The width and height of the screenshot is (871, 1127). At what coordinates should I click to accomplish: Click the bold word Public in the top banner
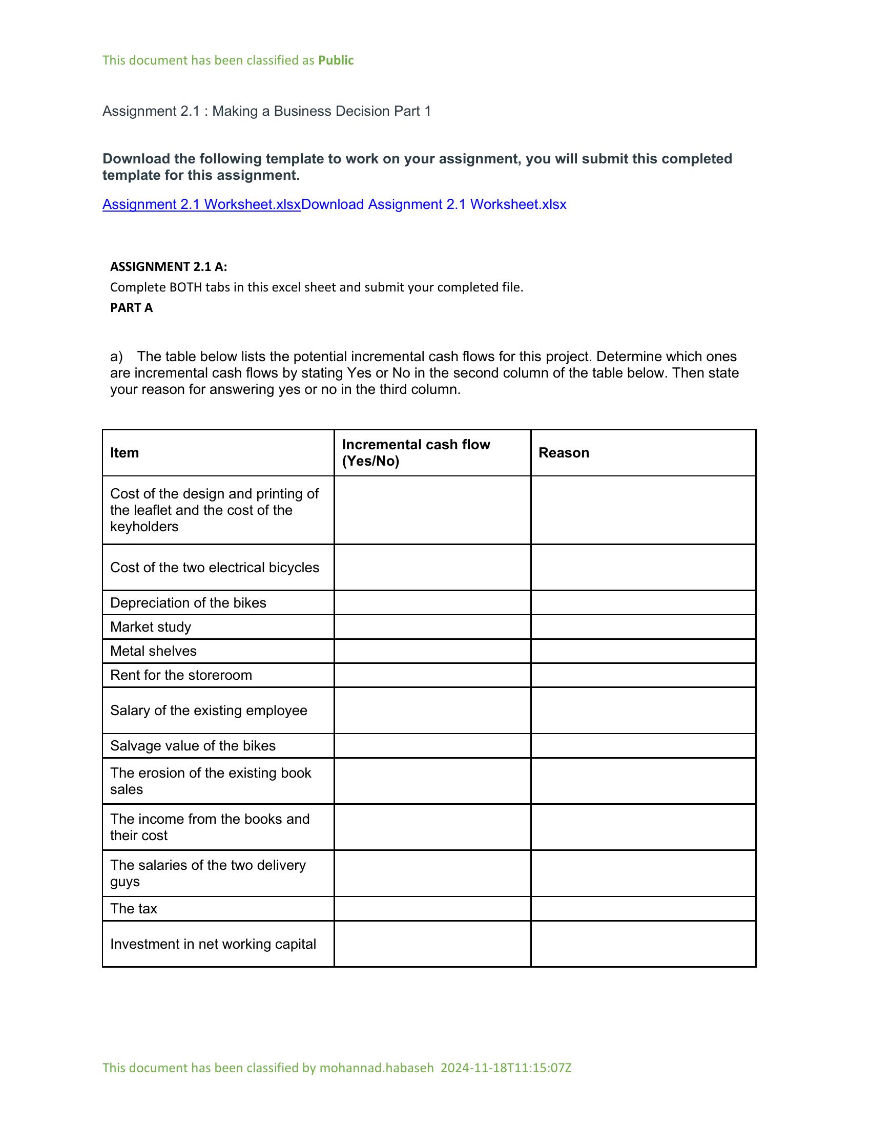[336, 60]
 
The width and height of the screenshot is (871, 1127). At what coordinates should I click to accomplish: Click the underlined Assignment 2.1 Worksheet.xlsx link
[201, 204]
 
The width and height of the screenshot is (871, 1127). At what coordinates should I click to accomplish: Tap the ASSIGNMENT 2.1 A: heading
[168, 267]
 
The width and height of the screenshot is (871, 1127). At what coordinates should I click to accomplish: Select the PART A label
[131, 307]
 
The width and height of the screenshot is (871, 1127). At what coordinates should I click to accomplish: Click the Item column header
[125, 452]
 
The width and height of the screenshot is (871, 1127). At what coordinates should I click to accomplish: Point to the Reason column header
[564, 452]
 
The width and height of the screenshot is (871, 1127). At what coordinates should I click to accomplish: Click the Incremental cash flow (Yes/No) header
[416, 452]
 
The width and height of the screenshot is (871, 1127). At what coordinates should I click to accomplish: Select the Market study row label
[151, 627]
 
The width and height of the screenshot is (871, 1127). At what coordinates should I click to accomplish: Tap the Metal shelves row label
[153, 651]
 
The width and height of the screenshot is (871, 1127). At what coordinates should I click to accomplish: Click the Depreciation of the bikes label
[188, 603]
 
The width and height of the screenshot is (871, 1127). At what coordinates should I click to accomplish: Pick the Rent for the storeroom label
[180, 675]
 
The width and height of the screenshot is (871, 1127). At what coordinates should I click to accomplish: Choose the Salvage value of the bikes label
[193, 746]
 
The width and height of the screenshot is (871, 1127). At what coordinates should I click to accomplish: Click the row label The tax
[133, 908]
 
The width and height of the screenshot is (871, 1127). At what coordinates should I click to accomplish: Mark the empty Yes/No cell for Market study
[432, 627]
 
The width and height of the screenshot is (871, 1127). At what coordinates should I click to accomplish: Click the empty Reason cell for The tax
[643, 908]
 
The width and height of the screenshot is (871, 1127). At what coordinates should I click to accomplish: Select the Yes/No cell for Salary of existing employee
[432, 710]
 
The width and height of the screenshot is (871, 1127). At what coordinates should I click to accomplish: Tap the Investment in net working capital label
[213, 944]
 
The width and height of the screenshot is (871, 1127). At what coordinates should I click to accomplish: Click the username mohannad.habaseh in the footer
[377, 1068]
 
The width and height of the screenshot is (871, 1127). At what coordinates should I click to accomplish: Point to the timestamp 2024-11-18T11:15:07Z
[506, 1068]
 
